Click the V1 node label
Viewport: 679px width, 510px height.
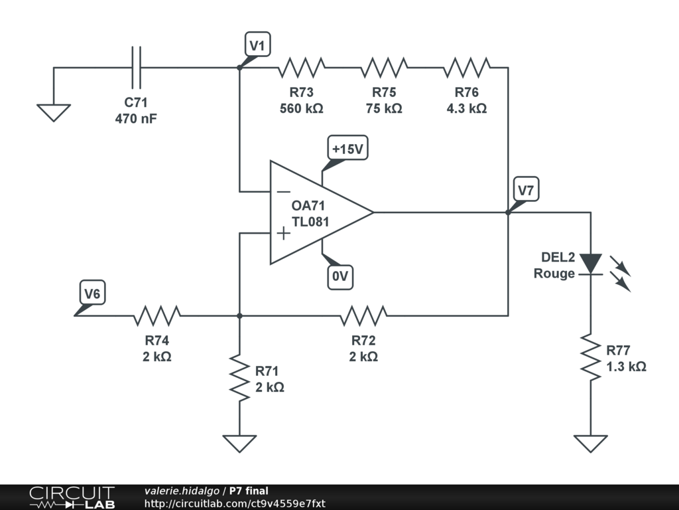click(258, 44)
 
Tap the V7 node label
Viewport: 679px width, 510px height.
click(526, 189)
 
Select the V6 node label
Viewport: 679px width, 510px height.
click(92, 293)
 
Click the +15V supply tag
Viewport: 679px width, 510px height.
click(347, 148)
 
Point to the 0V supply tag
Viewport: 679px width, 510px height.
click(340, 276)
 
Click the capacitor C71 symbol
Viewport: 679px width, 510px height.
click(136, 68)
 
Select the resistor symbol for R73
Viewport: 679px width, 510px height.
click(302, 68)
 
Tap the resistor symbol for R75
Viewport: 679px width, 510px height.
click(384, 68)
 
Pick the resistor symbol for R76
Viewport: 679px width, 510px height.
click(467, 68)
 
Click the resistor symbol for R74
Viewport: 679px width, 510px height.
click(156, 315)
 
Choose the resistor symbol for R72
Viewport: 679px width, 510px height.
click(363, 315)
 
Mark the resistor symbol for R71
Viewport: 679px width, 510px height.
click(239, 378)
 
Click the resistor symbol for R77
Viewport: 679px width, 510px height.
click(591, 357)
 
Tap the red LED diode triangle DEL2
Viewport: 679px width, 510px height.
click(591, 264)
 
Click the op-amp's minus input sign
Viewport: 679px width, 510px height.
click(284, 192)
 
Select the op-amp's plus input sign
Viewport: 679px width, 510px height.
click(284, 233)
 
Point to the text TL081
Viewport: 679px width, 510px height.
click(310, 222)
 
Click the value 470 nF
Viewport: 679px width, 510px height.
click(136, 118)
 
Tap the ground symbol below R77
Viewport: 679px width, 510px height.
click(591, 444)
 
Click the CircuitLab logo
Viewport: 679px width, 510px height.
click(72, 497)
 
